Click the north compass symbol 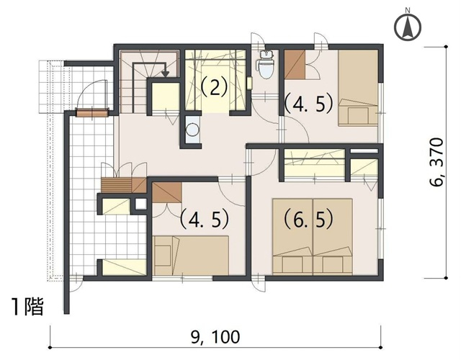pos(408,27)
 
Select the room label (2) pos(215,87)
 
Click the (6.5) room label pos(309,220)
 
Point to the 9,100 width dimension pos(215,337)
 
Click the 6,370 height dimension pos(436,161)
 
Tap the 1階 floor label pos(27,307)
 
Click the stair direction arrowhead pos(166,73)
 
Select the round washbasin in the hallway pos(192,129)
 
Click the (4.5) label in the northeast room pos(309,104)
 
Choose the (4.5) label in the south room pos(205,219)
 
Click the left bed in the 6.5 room pos(292,237)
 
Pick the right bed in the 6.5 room pos(333,237)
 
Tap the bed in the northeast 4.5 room pos(358,88)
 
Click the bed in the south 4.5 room pos(191,256)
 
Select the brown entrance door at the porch pos(92,113)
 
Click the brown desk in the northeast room pos(295,65)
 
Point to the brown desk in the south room pos(166,192)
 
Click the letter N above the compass pos(408,10)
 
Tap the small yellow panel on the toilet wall pos(250,84)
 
